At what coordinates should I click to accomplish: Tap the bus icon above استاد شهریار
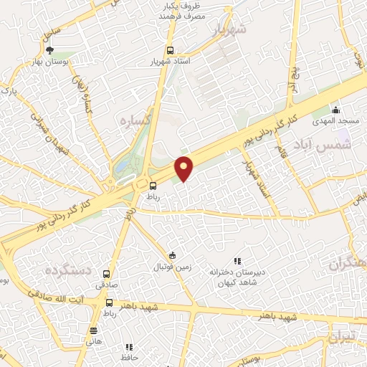(171, 50)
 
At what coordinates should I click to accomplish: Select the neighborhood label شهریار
(229, 30)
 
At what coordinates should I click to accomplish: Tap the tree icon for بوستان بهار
(49, 50)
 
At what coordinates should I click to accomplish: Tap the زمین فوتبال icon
(172, 255)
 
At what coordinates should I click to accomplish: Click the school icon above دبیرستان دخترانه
(237, 262)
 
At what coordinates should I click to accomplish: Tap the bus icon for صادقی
(107, 275)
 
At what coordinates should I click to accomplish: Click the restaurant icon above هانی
(92, 330)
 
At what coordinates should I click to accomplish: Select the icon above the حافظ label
(130, 347)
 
